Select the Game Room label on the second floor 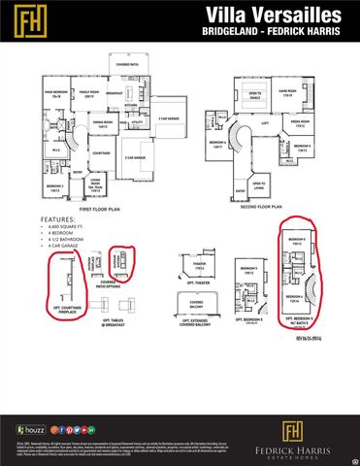click(286, 94)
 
